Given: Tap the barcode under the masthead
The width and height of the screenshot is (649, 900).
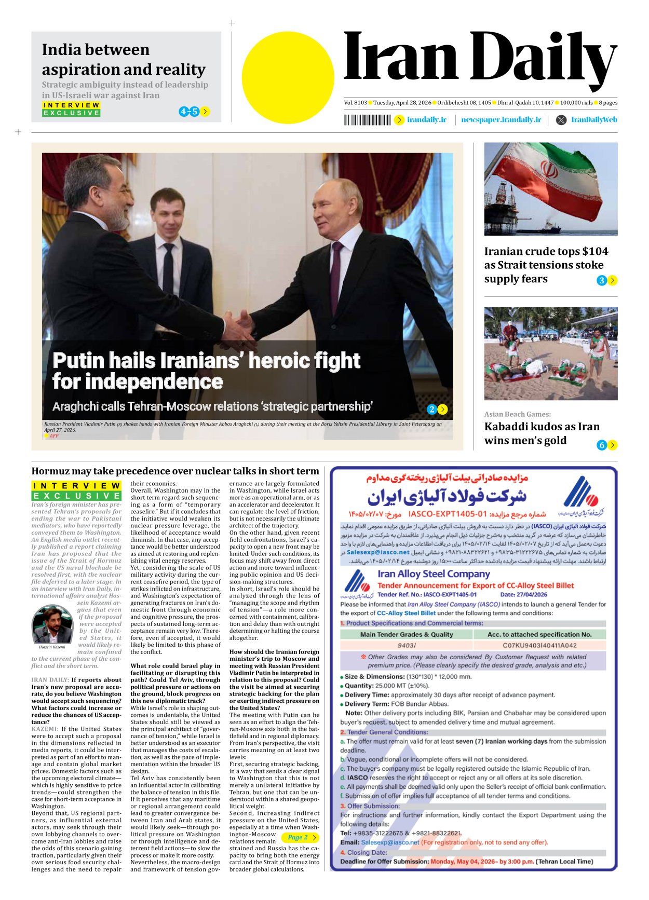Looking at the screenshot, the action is (x=367, y=120).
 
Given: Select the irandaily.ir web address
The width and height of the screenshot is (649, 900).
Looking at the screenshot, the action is (x=426, y=120).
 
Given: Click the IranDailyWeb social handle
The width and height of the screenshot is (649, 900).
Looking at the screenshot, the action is (x=594, y=120).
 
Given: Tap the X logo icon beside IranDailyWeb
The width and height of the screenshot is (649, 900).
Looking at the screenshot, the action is (x=561, y=120).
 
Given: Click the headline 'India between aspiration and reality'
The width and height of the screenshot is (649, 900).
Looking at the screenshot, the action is (x=124, y=59).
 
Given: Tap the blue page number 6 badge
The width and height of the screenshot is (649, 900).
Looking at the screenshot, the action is (x=602, y=445).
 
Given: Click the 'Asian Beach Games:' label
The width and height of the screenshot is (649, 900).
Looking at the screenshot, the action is (x=517, y=414).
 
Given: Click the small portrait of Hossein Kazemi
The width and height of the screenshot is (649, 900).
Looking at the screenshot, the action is (x=52, y=625).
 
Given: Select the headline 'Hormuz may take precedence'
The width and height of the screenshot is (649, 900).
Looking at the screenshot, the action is (x=175, y=471).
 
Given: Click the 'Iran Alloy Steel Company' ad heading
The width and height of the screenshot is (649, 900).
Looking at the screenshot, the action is (x=434, y=574).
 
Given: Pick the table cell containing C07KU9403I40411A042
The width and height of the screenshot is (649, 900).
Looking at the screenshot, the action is (x=539, y=645).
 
